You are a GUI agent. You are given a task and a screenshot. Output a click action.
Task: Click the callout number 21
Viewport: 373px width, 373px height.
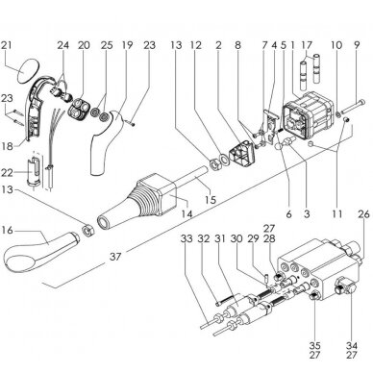tap(7, 45)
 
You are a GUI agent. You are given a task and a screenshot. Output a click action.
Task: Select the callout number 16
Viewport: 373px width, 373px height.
tap(7, 230)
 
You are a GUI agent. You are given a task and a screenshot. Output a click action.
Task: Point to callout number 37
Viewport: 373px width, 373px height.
tap(115, 257)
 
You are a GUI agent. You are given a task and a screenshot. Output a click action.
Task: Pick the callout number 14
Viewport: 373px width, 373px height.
tap(186, 213)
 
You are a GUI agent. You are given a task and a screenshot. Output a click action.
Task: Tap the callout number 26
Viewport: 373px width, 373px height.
tap(363, 214)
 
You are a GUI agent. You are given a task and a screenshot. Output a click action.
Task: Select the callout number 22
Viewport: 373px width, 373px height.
tap(7, 173)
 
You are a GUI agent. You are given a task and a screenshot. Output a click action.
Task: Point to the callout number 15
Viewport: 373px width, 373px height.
tap(211, 200)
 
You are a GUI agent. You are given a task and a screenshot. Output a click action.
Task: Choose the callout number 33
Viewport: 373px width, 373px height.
tap(186, 238)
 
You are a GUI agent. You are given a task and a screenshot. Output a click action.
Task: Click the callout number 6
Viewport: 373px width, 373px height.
tap(288, 213)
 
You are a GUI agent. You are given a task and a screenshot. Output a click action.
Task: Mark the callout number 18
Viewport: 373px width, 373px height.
tap(8, 146)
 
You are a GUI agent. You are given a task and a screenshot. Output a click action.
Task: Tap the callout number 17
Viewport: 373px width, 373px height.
tap(307, 45)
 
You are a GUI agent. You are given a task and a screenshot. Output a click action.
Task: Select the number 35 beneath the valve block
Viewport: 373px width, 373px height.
tap(314, 346)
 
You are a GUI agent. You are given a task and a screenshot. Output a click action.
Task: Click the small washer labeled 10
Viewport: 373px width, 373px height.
tap(338, 114)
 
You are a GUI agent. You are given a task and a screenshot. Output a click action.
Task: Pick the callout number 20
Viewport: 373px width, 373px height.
tap(84, 45)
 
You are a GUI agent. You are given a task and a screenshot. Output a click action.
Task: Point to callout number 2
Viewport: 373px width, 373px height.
tap(218, 45)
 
